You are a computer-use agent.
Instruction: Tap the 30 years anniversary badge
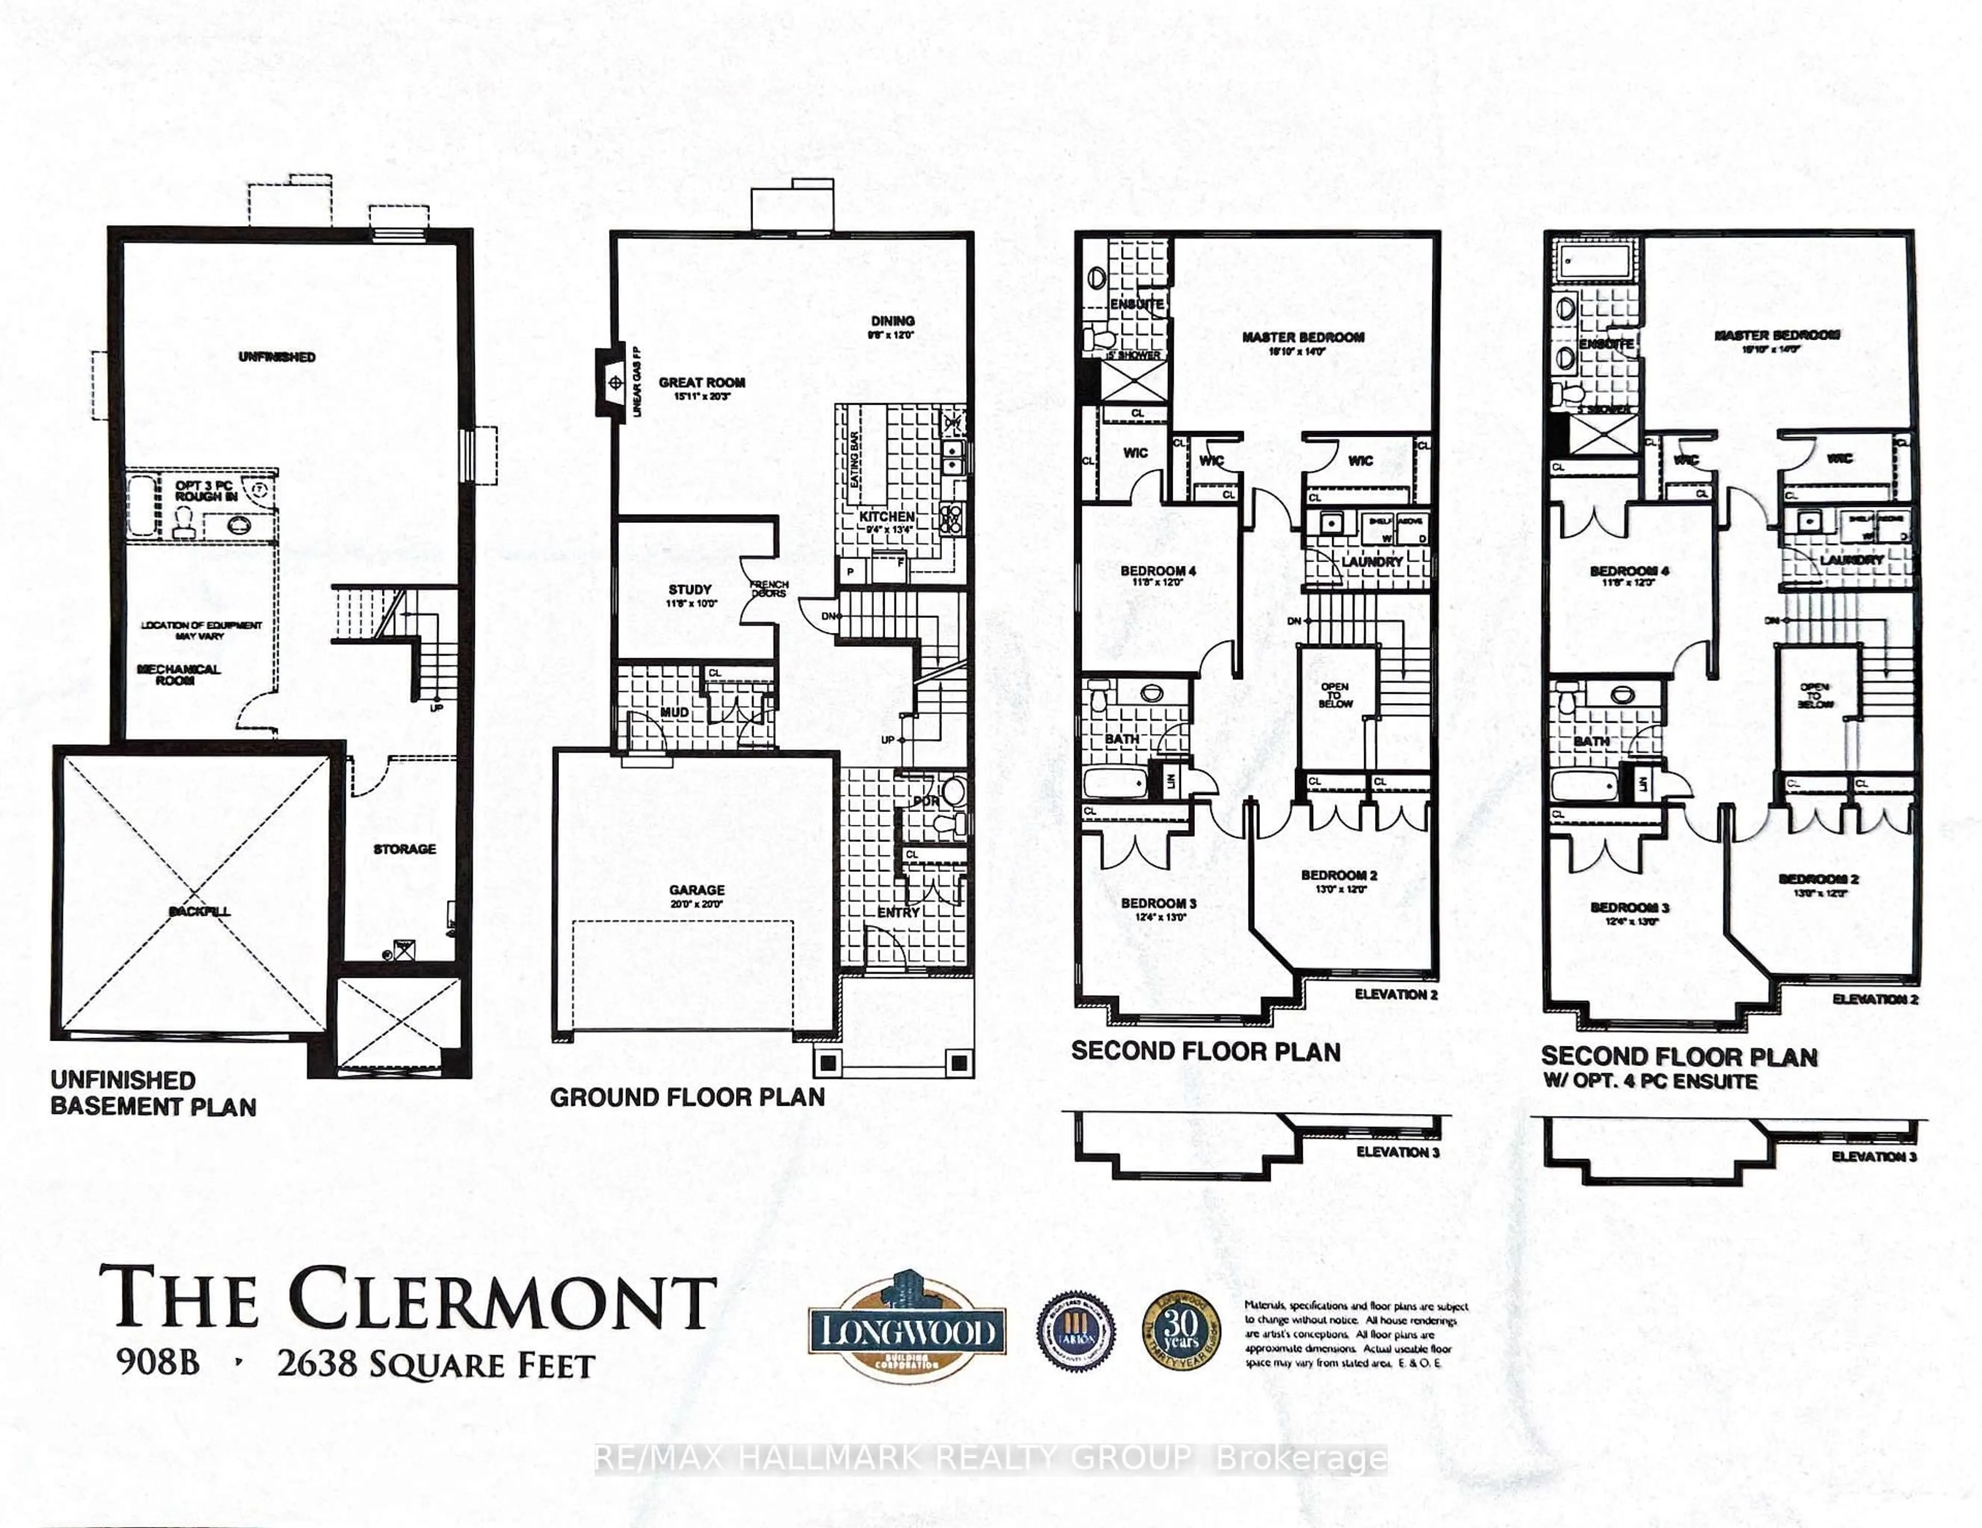[1180, 1331]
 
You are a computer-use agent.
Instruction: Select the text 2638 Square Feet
[436, 1365]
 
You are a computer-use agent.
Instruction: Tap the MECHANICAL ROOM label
[179, 674]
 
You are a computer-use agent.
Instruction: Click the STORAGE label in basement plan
[405, 848]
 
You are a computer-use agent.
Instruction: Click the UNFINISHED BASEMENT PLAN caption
[152, 1093]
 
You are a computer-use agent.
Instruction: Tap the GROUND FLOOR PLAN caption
[687, 1097]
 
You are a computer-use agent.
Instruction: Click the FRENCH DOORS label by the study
[769, 589]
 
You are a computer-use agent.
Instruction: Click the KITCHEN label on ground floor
[887, 516]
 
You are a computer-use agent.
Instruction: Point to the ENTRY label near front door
[899, 912]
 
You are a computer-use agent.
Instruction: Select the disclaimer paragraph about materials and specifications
[1355, 1334]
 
